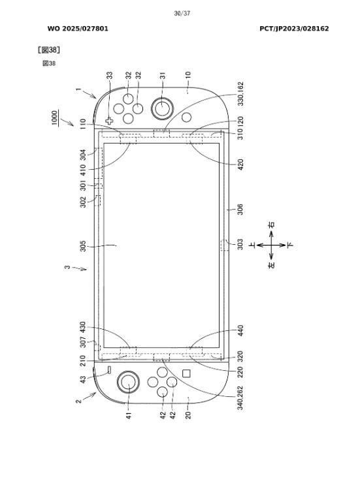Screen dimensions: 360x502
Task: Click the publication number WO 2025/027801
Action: (78, 29)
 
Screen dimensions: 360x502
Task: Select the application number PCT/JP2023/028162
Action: (294, 29)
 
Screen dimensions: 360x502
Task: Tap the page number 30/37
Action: (182, 13)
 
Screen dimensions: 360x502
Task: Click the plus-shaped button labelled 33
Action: (109, 121)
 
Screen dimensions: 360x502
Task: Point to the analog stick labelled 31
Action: (163, 108)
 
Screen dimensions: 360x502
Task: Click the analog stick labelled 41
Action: (128, 381)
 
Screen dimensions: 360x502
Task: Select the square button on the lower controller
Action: (186, 373)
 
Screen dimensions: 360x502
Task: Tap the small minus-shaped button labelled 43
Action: (109, 370)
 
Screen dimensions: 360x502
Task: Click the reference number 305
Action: (83, 246)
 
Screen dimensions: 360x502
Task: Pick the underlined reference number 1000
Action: (55, 118)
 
